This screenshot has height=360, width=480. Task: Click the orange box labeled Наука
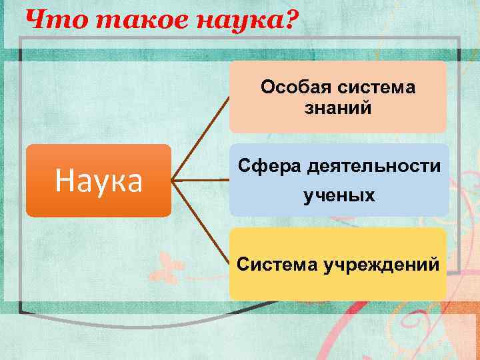click(99, 180)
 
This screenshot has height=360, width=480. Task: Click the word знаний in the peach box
click(338, 107)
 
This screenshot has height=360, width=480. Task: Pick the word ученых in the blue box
click(339, 196)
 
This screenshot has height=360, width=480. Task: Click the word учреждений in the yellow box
click(381, 265)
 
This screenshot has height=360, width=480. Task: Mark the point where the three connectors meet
click(173, 180)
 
